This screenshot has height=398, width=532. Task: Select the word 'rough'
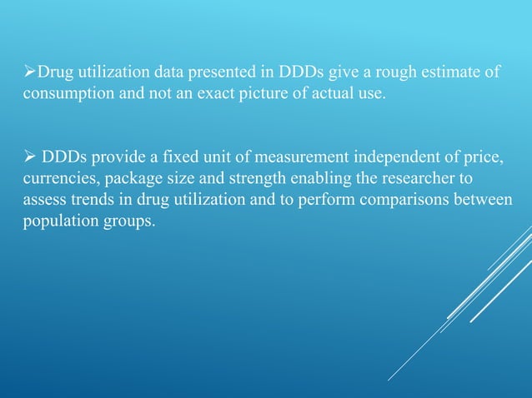pyautogui.click(x=380, y=72)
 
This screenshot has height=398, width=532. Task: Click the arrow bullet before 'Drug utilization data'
pyautogui.click(x=28, y=72)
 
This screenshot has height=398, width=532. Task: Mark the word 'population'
pyautogui.click(x=58, y=223)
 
